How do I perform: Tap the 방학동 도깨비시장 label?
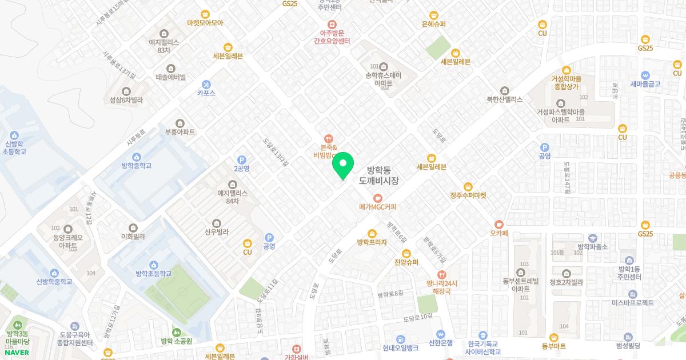click(x=378, y=175)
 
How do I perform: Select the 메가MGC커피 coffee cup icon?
click(x=377, y=198)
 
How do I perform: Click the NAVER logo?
click(x=16, y=352)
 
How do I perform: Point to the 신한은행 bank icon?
click(x=440, y=334)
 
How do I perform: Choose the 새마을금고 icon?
click(x=645, y=75)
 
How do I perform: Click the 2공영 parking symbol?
click(x=242, y=160)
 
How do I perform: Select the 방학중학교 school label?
click(x=136, y=166)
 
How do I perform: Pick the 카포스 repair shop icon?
click(x=206, y=84)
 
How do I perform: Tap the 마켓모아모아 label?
click(x=205, y=23)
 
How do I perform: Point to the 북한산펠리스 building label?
click(x=504, y=99)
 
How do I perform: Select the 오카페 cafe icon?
click(x=499, y=224)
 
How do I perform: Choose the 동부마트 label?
click(x=553, y=346)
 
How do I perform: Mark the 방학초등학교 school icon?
click(x=153, y=265)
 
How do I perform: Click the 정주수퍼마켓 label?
click(x=468, y=195)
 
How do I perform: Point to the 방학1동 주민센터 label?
click(x=629, y=273)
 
